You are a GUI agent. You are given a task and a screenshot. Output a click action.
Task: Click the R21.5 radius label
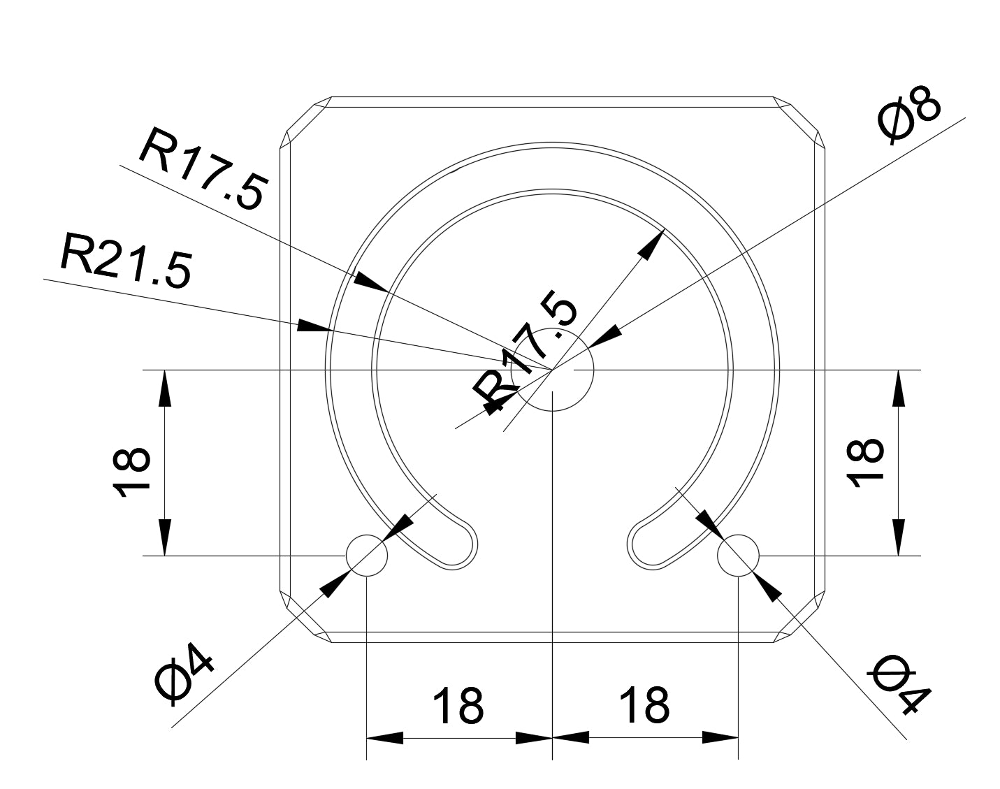pos(125,261)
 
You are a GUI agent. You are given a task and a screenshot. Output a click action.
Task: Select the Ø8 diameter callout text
pos(909,117)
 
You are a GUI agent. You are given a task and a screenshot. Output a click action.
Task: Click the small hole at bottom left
pos(367,556)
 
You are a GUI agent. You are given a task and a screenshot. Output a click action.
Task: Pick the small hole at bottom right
pos(739,556)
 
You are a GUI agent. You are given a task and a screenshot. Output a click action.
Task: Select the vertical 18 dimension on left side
pos(131,471)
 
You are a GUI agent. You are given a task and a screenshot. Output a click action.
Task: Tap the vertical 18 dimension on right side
pos(865,462)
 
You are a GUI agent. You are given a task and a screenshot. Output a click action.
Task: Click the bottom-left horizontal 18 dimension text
pos(458,706)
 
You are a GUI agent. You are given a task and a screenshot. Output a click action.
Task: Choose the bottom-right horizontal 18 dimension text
pos(644,706)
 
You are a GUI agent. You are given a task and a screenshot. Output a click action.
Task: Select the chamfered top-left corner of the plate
pos(305,122)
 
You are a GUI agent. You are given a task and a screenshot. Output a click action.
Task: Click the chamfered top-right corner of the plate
pos(800,122)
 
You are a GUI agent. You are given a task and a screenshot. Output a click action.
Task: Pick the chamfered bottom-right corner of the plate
pos(800,618)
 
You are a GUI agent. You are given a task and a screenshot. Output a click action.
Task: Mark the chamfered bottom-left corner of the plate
pos(305,618)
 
